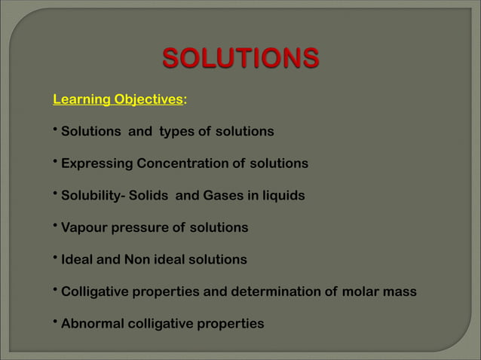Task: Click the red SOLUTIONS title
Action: click(x=240, y=58)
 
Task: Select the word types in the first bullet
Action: click(x=176, y=132)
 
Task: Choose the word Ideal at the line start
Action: click(x=77, y=260)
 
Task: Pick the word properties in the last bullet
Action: click(x=231, y=324)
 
